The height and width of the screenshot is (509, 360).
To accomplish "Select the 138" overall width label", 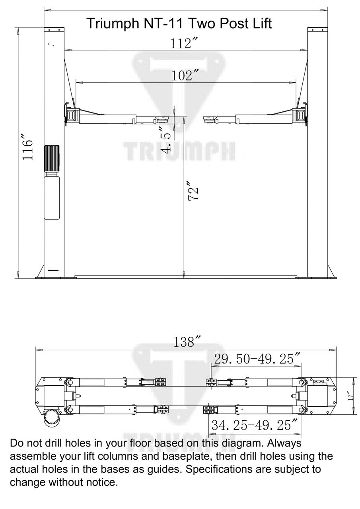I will coord(186,342).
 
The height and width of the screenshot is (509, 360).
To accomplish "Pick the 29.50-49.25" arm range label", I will coord(257,359).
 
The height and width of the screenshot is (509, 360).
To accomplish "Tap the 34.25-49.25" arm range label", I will coord(255,425).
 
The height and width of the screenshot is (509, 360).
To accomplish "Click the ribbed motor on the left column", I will coord(52,158).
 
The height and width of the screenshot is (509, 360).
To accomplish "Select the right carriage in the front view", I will coord(300,114).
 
